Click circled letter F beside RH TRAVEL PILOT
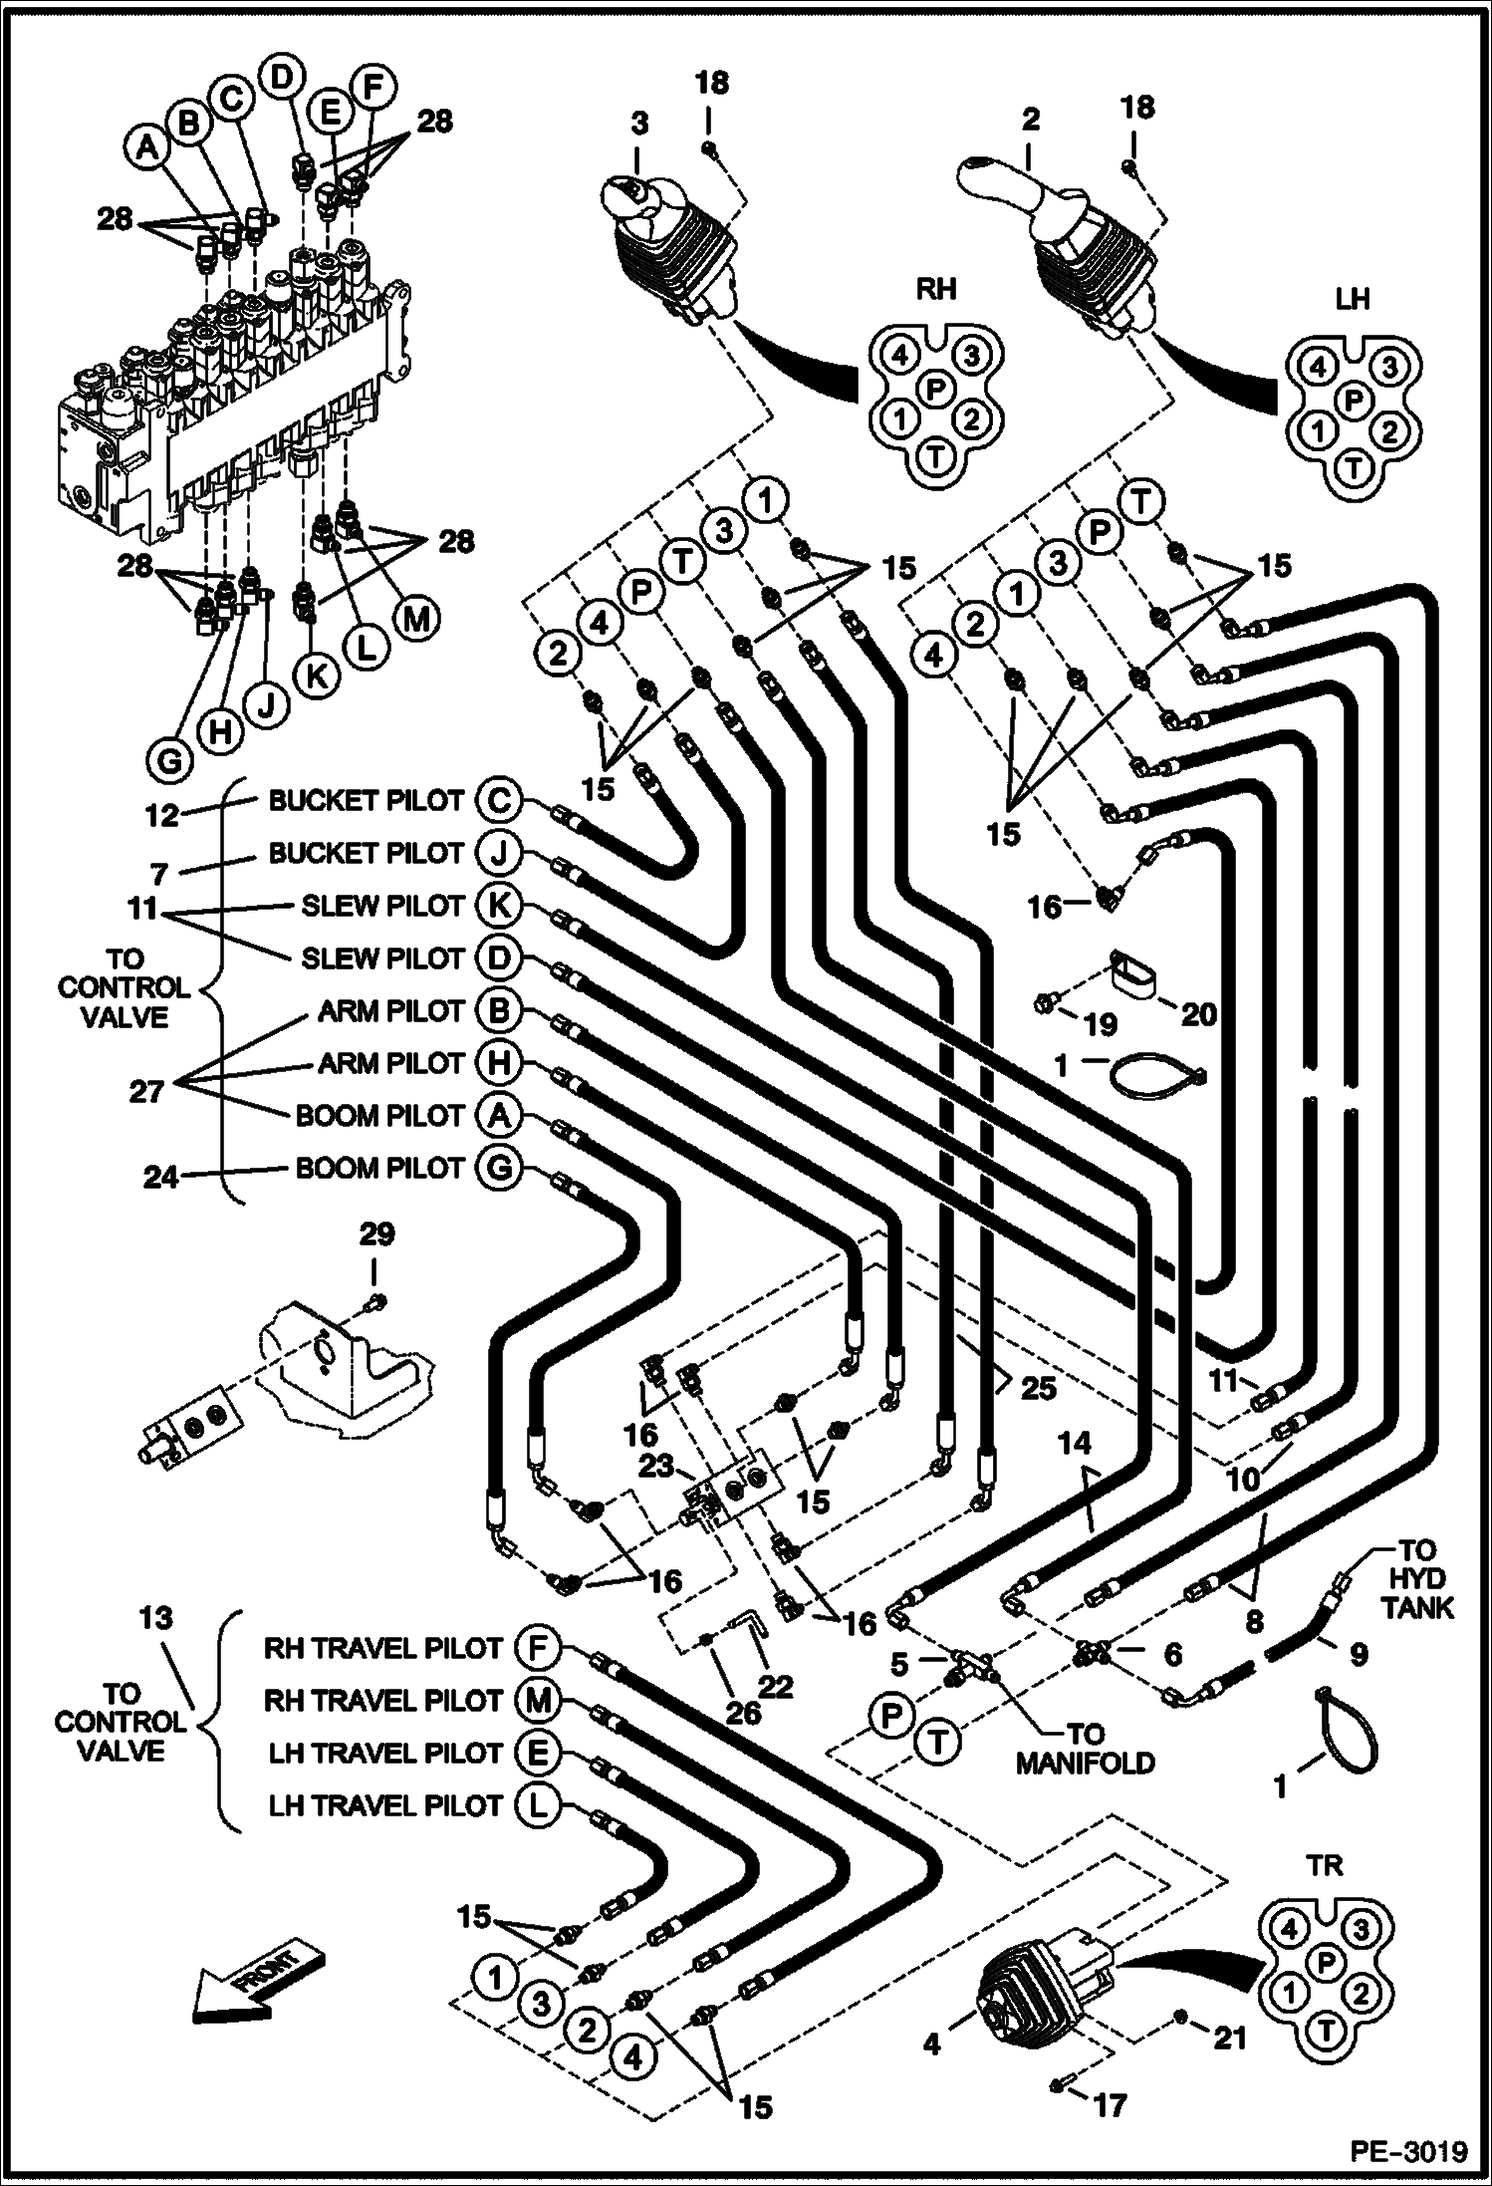click(537, 1648)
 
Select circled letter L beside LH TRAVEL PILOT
click(537, 1805)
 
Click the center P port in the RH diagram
click(935, 389)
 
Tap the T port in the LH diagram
click(1353, 465)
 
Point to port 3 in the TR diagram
click(1363, 1930)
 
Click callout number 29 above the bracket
click(375, 1234)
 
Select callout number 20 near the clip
click(1199, 1014)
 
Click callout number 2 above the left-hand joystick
click(1030, 120)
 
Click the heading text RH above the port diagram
click(935, 289)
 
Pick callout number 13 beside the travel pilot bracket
click(155, 1618)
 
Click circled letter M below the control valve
click(416, 620)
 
